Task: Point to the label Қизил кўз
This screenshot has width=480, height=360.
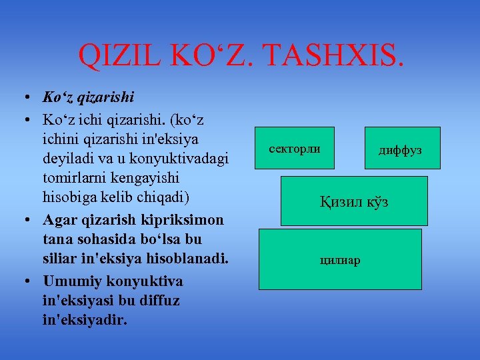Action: pyautogui.click(x=354, y=201)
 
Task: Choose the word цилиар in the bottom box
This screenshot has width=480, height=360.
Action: pyautogui.click(x=341, y=259)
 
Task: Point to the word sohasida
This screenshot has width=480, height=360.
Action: pyautogui.click(x=101, y=240)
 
